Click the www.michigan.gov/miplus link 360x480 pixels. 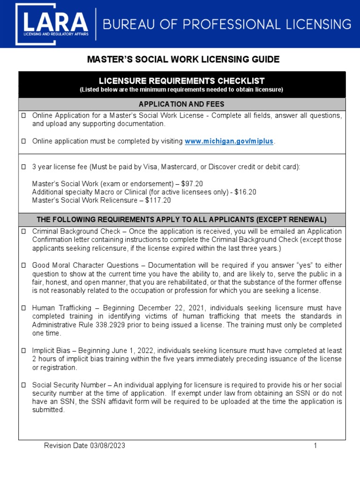(x=229, y=142)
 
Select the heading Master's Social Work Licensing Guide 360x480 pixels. (x=183, y=60)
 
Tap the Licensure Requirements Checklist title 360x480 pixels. (x=181, y=81)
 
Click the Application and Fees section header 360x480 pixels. (x=181, y=104)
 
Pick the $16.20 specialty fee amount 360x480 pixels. (x=246, y=192)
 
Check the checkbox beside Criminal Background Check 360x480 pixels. (x=24, y=232)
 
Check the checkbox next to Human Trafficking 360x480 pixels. (x=24, y=308)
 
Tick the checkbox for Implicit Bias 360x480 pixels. (x=24, y=351)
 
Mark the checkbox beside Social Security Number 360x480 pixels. (x=24, y=385)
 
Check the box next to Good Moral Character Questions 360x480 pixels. (x=24, y=265)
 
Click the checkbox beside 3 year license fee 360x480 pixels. (x=24, y=167)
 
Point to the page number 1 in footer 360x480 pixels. (x=315, y=446)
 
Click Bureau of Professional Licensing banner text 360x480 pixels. (x=227, y=24)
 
